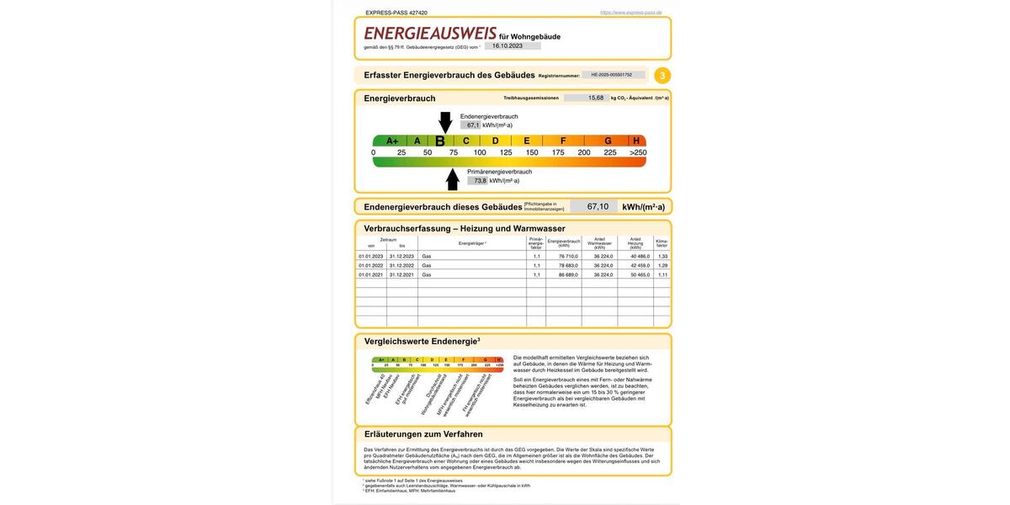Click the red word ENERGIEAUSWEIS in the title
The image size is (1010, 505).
pyautogui.click(x=430, y=34)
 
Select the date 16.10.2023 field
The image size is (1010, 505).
pyautogui.click(x=508, y=46)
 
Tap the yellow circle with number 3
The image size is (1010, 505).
pyautogui.click(x=662, y=76)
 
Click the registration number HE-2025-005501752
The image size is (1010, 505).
pyautogui.click(x=612, y=75)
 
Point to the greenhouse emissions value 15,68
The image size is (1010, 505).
pyautogui.click(x=596, y=98)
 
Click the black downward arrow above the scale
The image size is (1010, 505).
pyautogui.click(x=445, y=122)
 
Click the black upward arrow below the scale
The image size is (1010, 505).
pyautogui.click(x=453, y=179)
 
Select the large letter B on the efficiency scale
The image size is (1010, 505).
pyautogui.click(x=439, y=141)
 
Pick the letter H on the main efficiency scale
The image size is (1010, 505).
pyautogui.click(x=636, y=141)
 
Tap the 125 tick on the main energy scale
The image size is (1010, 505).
pyautogui.click(x=506, y=152)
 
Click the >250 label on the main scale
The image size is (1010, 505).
pyautogui.click(x=638, y=152)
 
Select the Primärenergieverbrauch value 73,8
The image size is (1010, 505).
pyautogui.click(x=480, y=181)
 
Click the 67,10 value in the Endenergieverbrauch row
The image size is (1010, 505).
pyautogui.click(x=598, y=207)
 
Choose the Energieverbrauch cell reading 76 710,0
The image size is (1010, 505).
pyautogui.click(x=563, y=256)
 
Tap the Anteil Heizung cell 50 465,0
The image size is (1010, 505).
pyautogui.click(x=635, y=274)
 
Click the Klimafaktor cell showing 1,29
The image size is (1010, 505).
pyautogui.click(x=662, y=265)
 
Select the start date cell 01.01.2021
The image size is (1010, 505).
pyautogui.click(x=370, y=274)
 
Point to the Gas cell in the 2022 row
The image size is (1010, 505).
pyautogui.click(x=427, y=265)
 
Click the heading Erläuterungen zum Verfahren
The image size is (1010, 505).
pyautogui.click(x=423, y=434)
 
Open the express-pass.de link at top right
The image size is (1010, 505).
pyautogui.click(x=630, y=13)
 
